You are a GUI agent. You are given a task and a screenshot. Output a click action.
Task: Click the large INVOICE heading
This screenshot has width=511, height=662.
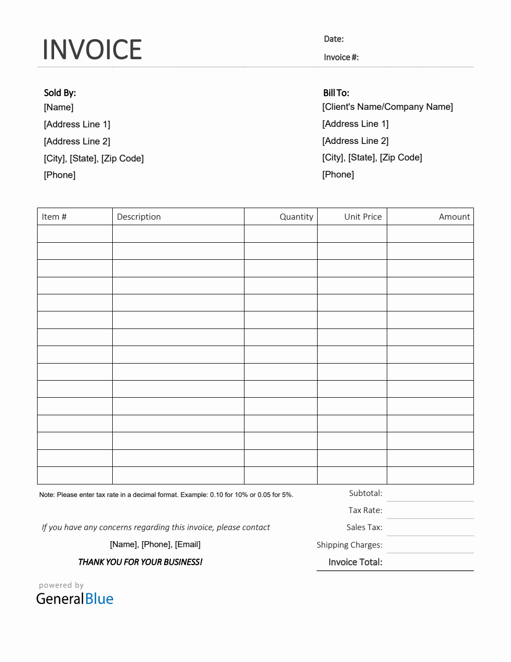[x=92, y=50]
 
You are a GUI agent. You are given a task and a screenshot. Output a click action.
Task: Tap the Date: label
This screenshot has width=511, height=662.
[x=334, y=39]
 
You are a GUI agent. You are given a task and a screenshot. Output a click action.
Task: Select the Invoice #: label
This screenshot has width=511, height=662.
[x=341, y=57]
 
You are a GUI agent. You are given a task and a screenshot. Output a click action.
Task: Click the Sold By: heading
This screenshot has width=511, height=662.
[x=60, y=93]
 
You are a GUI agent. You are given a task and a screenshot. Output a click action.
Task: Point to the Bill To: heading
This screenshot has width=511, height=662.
[x=336, y=93]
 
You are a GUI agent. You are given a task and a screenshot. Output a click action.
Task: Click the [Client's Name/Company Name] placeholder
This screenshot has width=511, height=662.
[x=387, y=107]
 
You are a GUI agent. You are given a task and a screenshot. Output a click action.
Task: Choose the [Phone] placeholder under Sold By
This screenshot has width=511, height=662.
[x=60, y=175]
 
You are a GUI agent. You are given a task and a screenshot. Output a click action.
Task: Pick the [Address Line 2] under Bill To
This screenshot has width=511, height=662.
[x=355, y=141]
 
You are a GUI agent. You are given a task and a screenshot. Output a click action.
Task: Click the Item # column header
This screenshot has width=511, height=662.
[x=54, y=217]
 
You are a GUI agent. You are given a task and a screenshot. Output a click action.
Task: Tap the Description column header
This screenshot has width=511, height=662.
[x=139, y=217]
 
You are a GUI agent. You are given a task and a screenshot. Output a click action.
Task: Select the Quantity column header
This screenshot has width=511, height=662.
[x=296, y=217]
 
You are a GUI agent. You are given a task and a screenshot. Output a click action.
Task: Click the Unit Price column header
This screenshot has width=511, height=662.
[x=363, y=217]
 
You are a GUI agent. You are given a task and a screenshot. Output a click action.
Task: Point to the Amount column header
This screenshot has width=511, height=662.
[x=454, y=217]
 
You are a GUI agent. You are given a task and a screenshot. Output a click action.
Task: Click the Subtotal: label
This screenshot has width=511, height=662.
[x=365, y=493]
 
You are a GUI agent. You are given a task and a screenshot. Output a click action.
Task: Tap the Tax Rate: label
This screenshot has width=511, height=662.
[x=365, y=511]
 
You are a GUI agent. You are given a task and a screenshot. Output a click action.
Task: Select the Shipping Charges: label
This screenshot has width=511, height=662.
[x=349, y=545]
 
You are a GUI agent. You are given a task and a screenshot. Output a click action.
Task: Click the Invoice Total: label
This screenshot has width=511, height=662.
[x=355, y=562]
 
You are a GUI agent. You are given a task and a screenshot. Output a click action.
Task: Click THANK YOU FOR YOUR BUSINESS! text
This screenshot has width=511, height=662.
[x=140, y=562]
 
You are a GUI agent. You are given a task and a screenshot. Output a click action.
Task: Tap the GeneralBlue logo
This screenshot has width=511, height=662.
[x=75, y=598]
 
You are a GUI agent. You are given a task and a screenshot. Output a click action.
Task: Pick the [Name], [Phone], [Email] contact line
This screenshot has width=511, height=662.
[x=155, y=545]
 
